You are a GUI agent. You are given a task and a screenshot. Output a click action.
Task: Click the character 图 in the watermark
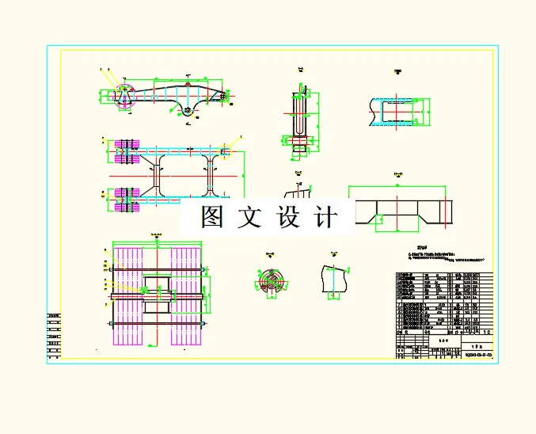click(x=210, y=217)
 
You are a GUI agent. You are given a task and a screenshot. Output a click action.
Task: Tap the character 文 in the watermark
click(x=248, y=217)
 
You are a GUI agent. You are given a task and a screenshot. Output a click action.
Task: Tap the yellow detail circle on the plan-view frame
click(x=226, y=150)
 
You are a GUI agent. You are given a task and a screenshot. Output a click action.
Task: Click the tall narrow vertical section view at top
click(x=298, y=115)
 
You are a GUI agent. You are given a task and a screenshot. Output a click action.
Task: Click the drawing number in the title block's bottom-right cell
click(x=476, y=354)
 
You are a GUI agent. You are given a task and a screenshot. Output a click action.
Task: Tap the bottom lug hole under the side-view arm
click(x=187, y=110)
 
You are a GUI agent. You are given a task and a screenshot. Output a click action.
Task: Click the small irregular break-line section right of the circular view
click(x=335, y=279)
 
